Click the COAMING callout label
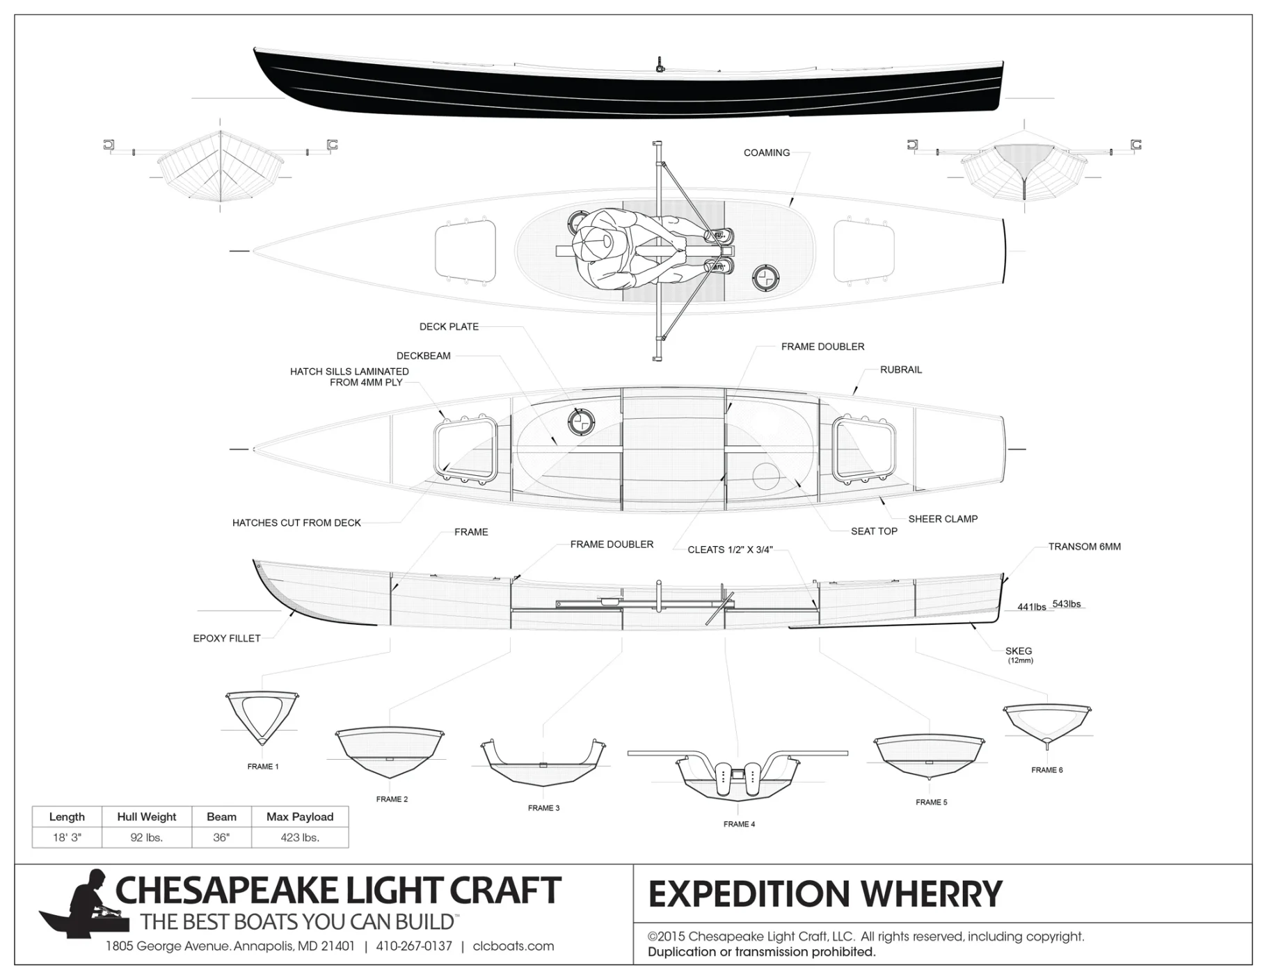pos(766,152)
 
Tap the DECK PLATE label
pos(449,326)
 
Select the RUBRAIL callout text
pos(900,369)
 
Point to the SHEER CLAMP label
pos(943,518)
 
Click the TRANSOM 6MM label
pos(1084,546)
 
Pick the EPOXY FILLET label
pos(227,638)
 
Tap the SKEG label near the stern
pos(1019,651)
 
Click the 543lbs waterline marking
pos(1067,604)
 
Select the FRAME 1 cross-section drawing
pos(262,718)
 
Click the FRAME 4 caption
pos(739,824)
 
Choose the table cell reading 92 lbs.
pos(147,838)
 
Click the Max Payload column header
pos(300,817)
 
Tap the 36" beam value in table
pos(221,838)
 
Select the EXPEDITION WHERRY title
pos(825,894)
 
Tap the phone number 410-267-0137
pos(414,946)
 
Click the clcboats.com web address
pos(513,946)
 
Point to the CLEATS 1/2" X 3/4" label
pos(730,550)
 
